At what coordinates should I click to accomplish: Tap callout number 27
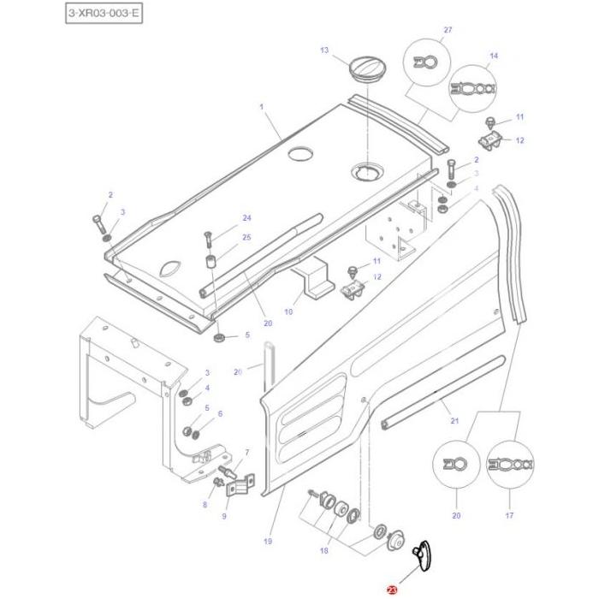tap(447, 30)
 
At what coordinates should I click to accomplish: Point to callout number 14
tap(493, 56)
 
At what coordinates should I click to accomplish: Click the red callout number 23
tap(392, 590)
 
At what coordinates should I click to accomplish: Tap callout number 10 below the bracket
tap(288, 312)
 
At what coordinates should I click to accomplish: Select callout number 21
tap(454, 420)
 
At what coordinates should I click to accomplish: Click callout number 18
tap(323, 551)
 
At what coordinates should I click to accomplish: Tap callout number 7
tap(246, 452)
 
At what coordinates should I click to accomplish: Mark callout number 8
tap(205, 505)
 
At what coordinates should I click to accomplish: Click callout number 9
tap(224, 516)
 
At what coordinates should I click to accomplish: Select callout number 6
tap(220, 413)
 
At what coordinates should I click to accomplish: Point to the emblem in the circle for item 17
tap(510, 465)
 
